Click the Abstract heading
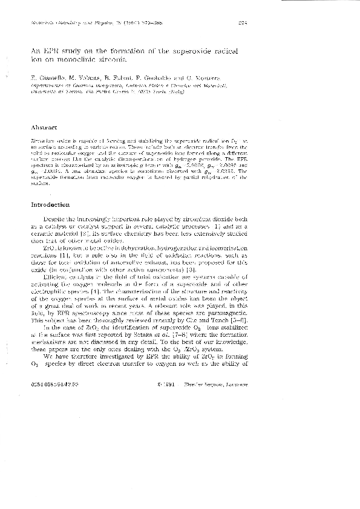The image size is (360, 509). click(44, 128)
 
